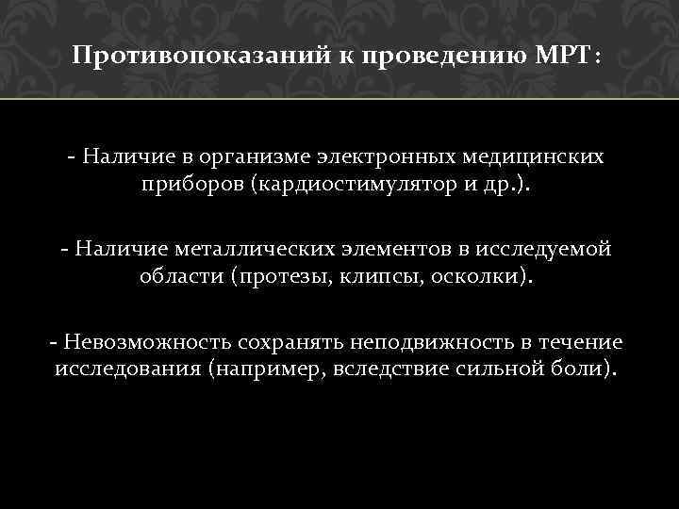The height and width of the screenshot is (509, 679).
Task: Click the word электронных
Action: point(390,155)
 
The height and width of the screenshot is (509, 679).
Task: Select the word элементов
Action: point(389,249)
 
